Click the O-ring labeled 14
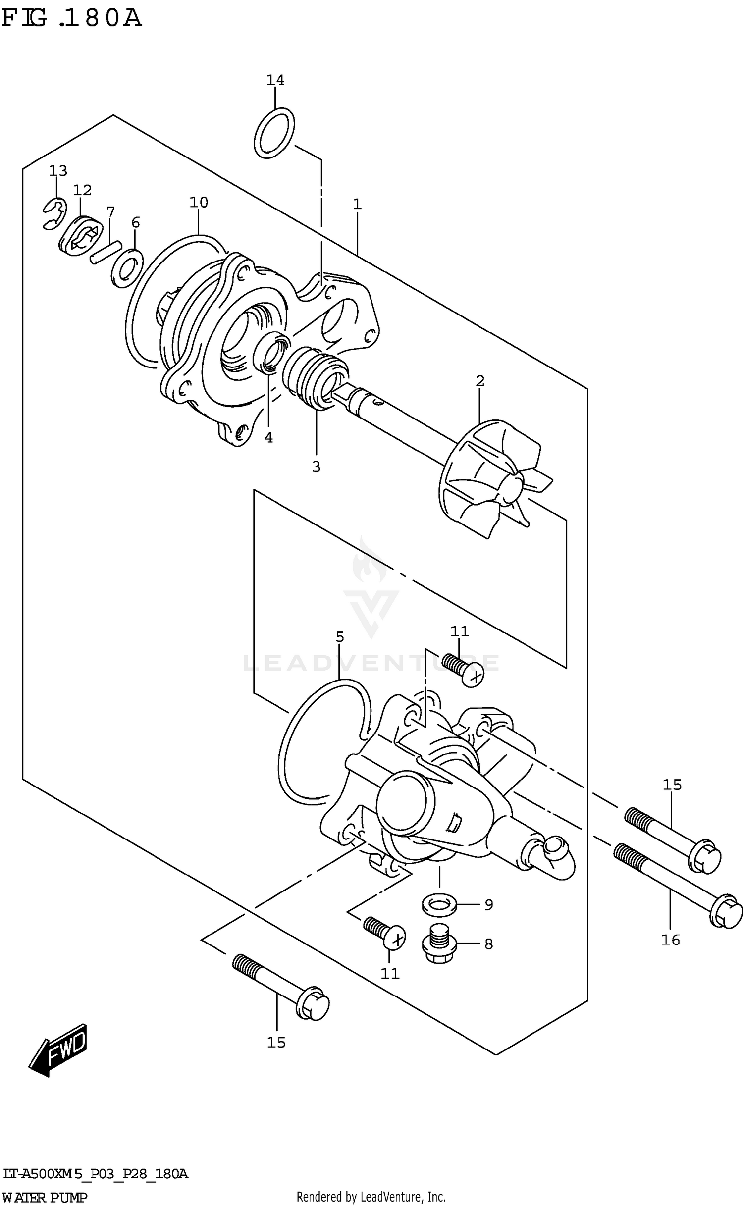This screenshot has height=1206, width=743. coord(274,133)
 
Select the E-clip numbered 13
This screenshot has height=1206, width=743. coord(54,214)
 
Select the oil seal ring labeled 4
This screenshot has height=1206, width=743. coord(270,352)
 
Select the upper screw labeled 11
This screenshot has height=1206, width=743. coord(463,667)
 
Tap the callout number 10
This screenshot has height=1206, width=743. coord(199,202)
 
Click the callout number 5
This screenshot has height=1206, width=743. coord(339,637)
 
